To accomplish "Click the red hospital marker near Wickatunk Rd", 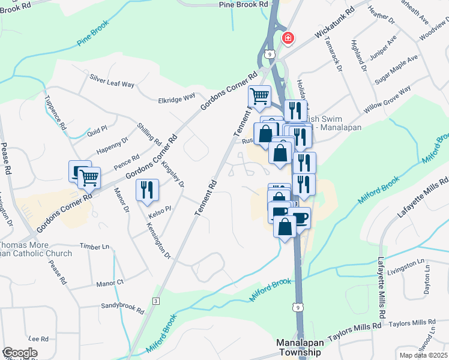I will point(288,38).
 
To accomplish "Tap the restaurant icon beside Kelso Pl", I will point(147,190).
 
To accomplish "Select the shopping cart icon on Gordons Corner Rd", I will point(89,177).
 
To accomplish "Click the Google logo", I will point(20,353).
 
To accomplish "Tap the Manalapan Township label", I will point(298,347).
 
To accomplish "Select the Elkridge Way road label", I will point(176,98).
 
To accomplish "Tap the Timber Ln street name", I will point(97,246).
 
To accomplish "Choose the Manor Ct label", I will point(110,281).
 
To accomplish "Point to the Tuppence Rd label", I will point(54,112).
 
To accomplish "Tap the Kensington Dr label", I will point(158,241).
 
